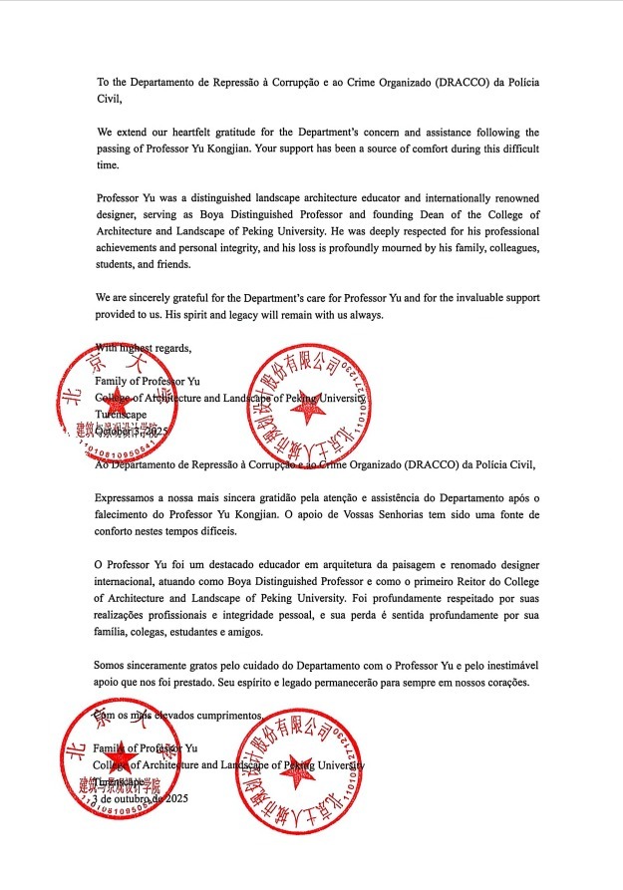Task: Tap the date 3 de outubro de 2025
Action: (141, 798)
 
